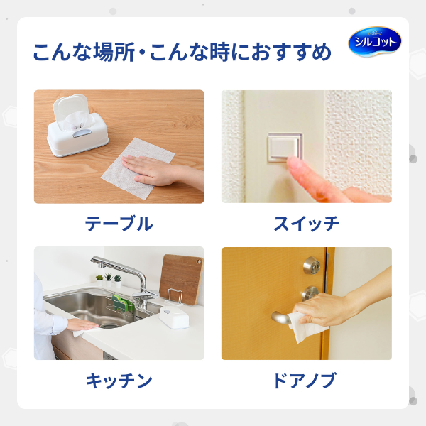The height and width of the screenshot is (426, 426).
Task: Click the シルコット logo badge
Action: [374, 43]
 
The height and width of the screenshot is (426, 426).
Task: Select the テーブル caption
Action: [119, 224]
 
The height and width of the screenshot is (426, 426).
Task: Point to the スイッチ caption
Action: [306, 224]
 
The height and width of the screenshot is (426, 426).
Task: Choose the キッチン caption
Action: [119, 381]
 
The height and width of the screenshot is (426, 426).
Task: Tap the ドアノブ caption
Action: [306, 381]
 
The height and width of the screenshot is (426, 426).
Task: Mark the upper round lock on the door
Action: [310, 266]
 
